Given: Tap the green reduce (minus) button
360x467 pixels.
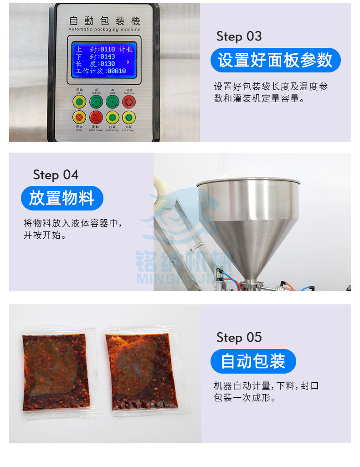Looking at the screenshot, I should (96, 101).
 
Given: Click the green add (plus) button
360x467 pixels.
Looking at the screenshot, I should (113, 101).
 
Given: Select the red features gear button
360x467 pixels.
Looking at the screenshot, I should (129, 101).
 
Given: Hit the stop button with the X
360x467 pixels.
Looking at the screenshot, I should (80, 118).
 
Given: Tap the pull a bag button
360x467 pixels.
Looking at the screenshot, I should (113, 118).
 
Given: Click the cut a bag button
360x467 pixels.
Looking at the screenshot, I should (129, 118).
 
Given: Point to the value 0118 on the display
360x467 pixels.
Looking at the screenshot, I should (107, 49).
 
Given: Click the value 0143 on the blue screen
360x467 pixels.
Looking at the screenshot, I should (107, 56).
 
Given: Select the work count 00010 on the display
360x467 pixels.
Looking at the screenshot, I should (116, 71).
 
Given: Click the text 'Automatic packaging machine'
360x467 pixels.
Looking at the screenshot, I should (104, 30).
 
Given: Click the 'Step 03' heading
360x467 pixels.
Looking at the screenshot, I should (239, 36).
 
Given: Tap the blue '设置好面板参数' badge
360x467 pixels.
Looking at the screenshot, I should (275, 60).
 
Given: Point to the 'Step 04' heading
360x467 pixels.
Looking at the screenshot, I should (56, 175).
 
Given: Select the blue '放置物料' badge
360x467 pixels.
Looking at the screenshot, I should (62, 198).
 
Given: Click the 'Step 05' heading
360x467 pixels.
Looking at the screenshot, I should (239, 338).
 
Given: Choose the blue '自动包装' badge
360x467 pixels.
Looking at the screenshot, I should (253, 361).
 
